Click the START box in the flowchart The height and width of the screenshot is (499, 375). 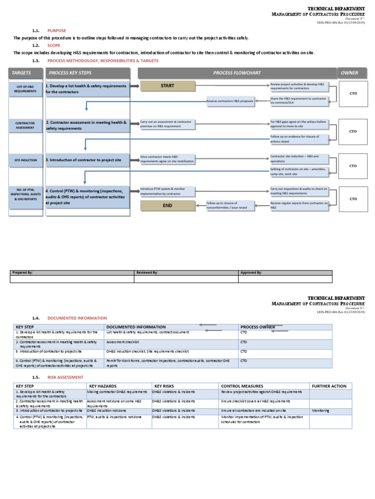tap(167, 86)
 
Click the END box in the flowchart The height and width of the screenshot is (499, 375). tap(167, 206)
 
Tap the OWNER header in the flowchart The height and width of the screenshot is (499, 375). tap(350, 73)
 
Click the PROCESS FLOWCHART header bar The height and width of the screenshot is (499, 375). tap(237, 73)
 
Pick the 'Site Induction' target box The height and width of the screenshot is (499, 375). tap(25, 159)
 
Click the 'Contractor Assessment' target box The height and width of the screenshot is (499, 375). tap(25, 126)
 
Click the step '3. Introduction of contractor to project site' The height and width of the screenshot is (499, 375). tap(87, 159)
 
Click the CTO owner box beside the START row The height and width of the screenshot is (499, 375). tap(353, 93)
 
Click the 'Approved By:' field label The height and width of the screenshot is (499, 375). tap(251, 273)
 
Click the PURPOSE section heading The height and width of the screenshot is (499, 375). tap(57, 30)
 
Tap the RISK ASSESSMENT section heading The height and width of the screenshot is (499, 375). tap(65, 377)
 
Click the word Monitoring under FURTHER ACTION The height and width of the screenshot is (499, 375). tap(320, 411)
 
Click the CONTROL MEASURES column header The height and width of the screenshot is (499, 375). tap(242, 386)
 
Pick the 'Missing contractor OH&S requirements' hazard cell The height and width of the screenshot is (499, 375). tap(117, 391)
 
